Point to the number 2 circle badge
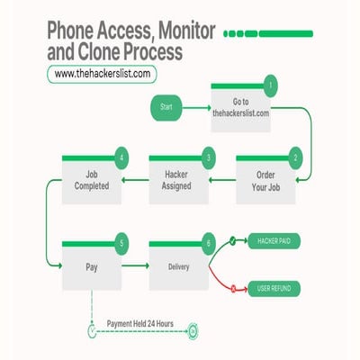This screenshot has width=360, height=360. point(295,157)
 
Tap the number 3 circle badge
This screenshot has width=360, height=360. point(209,157)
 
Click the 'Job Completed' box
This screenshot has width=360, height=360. point(91,181)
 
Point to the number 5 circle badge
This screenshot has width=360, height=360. point(121,241)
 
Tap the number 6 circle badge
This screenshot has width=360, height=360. point(209,241)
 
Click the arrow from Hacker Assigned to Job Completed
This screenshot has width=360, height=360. point(134,181)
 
